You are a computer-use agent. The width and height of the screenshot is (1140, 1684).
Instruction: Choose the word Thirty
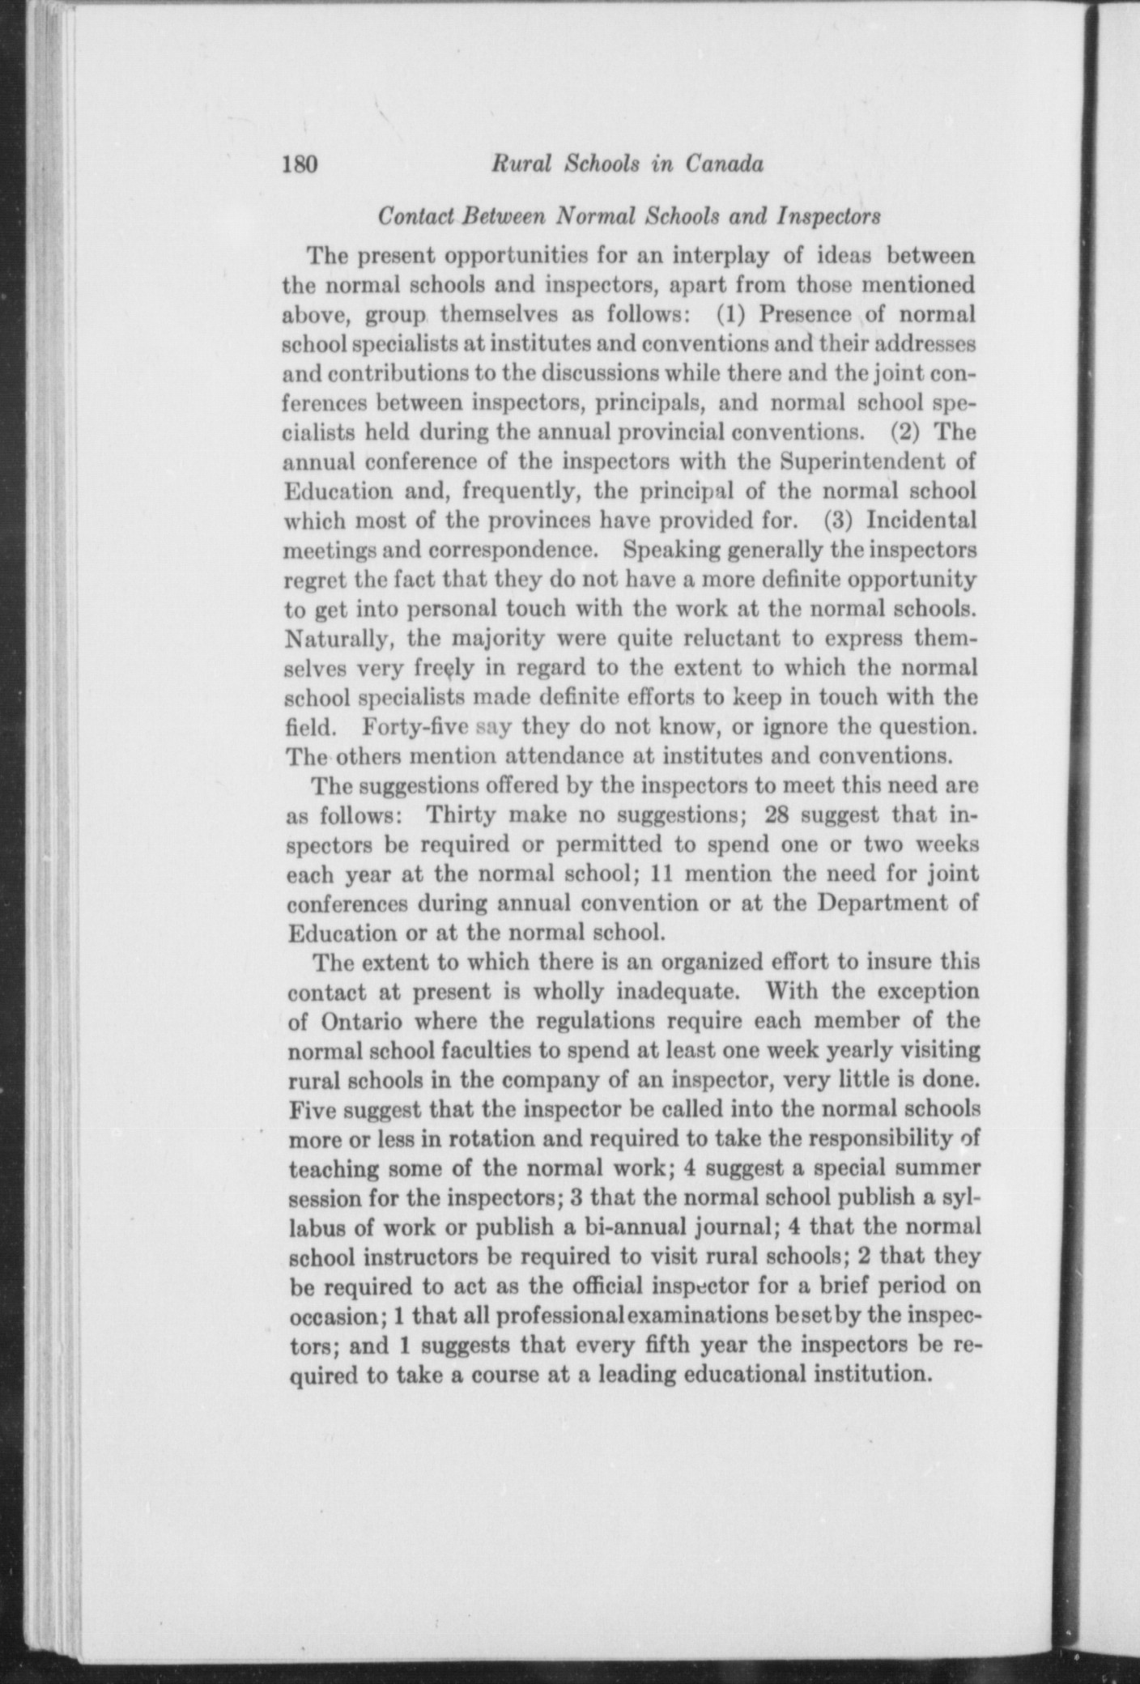(x=466, y=814)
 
